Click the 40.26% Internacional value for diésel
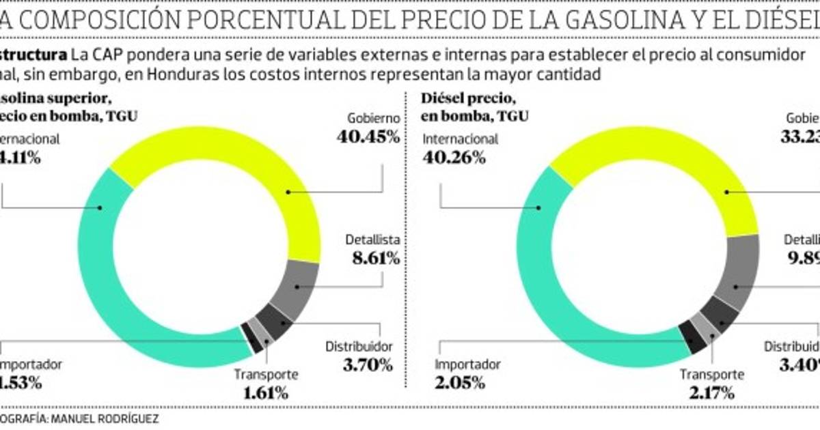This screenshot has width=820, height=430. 454,157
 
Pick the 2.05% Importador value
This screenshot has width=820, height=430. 459,382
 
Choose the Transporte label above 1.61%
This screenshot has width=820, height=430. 265,374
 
